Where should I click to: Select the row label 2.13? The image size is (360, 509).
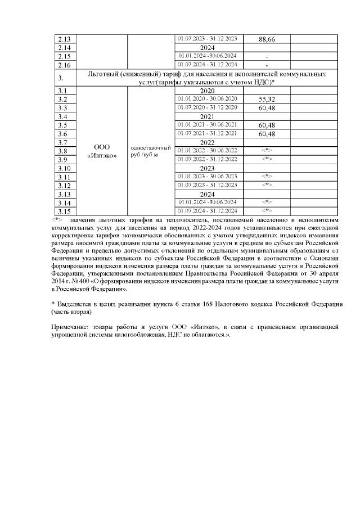pyautogui.click(x=64, y=39)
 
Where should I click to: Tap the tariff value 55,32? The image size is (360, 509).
pyautogui.click(x=267, y=99)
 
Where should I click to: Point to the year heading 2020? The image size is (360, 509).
pyautogui.click(x=208, y=90)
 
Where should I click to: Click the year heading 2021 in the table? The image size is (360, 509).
pyautogui.click(x=208, y=116)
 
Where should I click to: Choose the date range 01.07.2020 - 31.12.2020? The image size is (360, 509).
pyautogui.click(x=208, y=107)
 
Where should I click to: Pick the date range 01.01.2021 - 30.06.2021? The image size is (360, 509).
pyautogui.click(x=208, y=125)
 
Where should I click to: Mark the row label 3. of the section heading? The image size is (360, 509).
pyautogui.click(x=61, y=78)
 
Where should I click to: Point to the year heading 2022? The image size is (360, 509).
pyautogui.click(x=208, y=142)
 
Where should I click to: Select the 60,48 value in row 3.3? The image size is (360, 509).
pyautogui.click(x=267, y=108)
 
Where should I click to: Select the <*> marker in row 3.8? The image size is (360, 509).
pyautogui.click(x=267, y=151)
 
